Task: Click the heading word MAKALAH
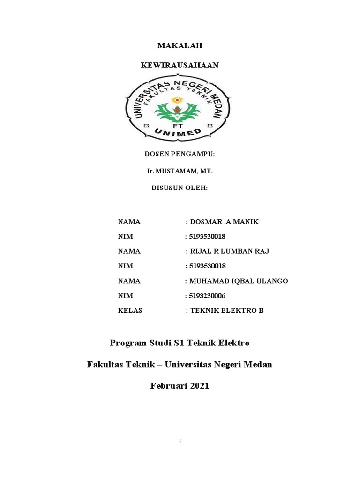(180, 45)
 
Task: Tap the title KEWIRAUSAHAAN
(180, 65)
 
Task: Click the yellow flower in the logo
(177, 100)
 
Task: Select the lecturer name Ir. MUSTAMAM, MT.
(180, 171)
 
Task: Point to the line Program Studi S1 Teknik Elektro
(180, 343)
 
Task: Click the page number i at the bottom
(180, 442)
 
